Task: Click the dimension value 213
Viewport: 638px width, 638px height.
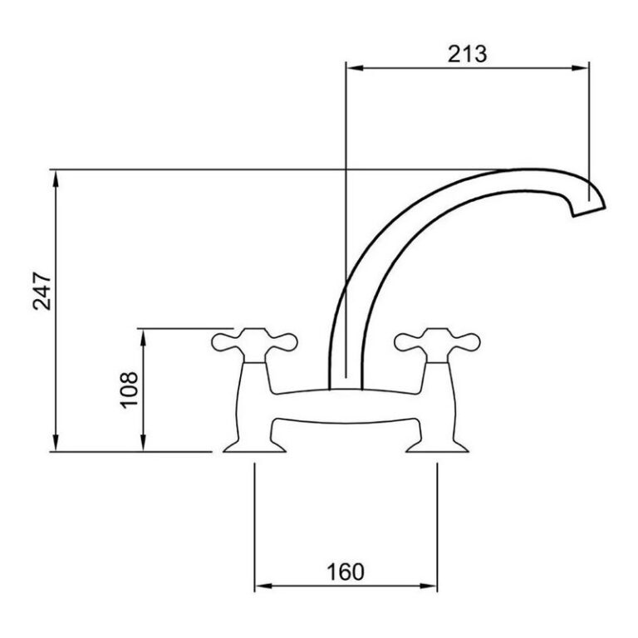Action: pos(467,54)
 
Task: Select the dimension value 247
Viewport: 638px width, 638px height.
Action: pos(42,291)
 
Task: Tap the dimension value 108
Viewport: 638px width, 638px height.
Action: pos(129,390)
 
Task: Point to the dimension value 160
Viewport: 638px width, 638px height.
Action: pos(346,572)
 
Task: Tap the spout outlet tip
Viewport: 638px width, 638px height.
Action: pos(589,211)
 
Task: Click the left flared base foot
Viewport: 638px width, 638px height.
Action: pos(254,447)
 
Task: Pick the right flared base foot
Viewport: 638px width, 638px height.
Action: pos(438,447)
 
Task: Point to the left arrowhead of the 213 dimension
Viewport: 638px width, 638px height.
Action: pos(354,68)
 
